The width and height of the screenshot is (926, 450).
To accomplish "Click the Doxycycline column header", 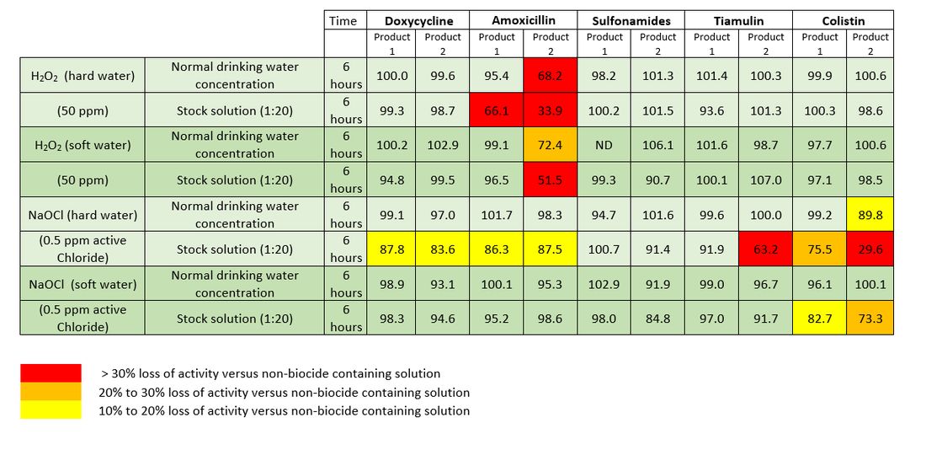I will [418, 20].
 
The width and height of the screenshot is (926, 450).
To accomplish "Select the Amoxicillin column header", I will [524, 20].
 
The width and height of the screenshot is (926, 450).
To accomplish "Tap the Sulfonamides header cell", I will [631, 20].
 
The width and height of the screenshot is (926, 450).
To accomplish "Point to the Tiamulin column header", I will [739, 20].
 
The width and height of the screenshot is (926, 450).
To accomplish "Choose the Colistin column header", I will [845, 20].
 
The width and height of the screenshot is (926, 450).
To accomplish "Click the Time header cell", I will [343, 20].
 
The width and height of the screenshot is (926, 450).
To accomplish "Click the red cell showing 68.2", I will [551, 76].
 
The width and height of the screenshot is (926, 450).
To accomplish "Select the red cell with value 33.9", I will [551, 110].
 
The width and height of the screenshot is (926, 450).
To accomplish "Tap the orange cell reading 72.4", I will [551, 145].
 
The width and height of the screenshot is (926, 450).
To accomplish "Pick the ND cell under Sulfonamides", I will [604, 145].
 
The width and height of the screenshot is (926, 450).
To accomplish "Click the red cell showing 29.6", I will [870, 249].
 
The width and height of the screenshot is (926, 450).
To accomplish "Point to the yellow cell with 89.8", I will [870, 215].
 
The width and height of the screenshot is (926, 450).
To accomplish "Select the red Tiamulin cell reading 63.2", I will [766, 249].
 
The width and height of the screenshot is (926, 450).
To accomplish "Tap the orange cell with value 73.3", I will [870, 319].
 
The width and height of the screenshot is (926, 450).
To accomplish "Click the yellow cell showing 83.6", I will [443, 249].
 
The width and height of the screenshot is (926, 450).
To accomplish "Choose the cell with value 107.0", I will [766, 179].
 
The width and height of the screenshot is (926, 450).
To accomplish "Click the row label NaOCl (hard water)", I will [82, 215].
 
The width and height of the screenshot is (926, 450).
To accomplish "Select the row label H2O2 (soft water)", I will [82, 145].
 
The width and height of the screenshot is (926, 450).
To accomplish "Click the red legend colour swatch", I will [51, 373].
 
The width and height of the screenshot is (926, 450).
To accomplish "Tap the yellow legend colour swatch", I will [51, 410].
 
